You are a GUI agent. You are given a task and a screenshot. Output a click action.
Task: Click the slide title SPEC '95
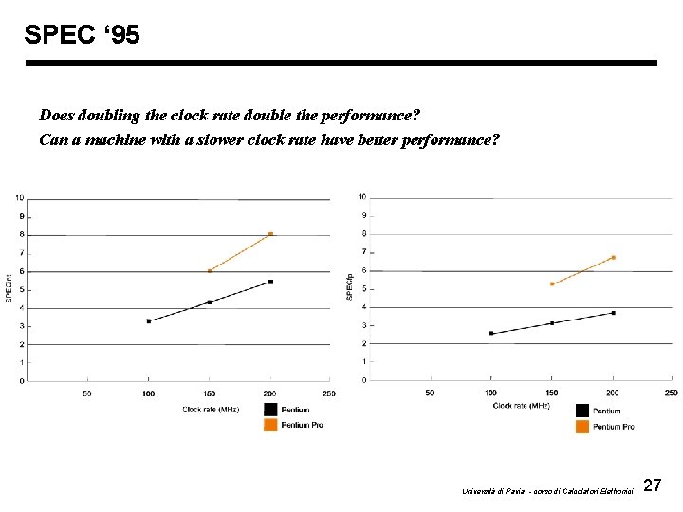pos(82,35)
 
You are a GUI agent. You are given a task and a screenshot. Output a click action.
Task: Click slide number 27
pos(652,485)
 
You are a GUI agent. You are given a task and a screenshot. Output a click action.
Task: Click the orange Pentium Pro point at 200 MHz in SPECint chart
pos(270,234)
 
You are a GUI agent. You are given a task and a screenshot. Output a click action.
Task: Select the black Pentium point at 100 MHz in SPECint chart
pos(149,321)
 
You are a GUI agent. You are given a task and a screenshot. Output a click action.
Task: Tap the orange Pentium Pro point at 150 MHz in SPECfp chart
pos(552,283)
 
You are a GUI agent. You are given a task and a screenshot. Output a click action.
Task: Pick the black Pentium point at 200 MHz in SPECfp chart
pos(613,313)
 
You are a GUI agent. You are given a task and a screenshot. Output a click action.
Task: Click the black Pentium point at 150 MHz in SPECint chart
pos(210,302)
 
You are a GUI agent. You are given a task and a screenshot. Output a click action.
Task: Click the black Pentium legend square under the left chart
pos(271,410)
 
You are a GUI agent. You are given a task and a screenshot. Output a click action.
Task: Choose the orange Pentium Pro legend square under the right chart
pos(581,427)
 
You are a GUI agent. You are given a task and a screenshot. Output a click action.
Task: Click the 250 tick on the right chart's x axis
pos(671,392)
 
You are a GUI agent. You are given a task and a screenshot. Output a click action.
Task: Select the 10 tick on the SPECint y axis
pos(19,198)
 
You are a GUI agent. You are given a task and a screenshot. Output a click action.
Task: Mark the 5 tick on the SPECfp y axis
pos(362,289)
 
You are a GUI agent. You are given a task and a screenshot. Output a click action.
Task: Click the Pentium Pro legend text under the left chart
pos(303,425)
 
